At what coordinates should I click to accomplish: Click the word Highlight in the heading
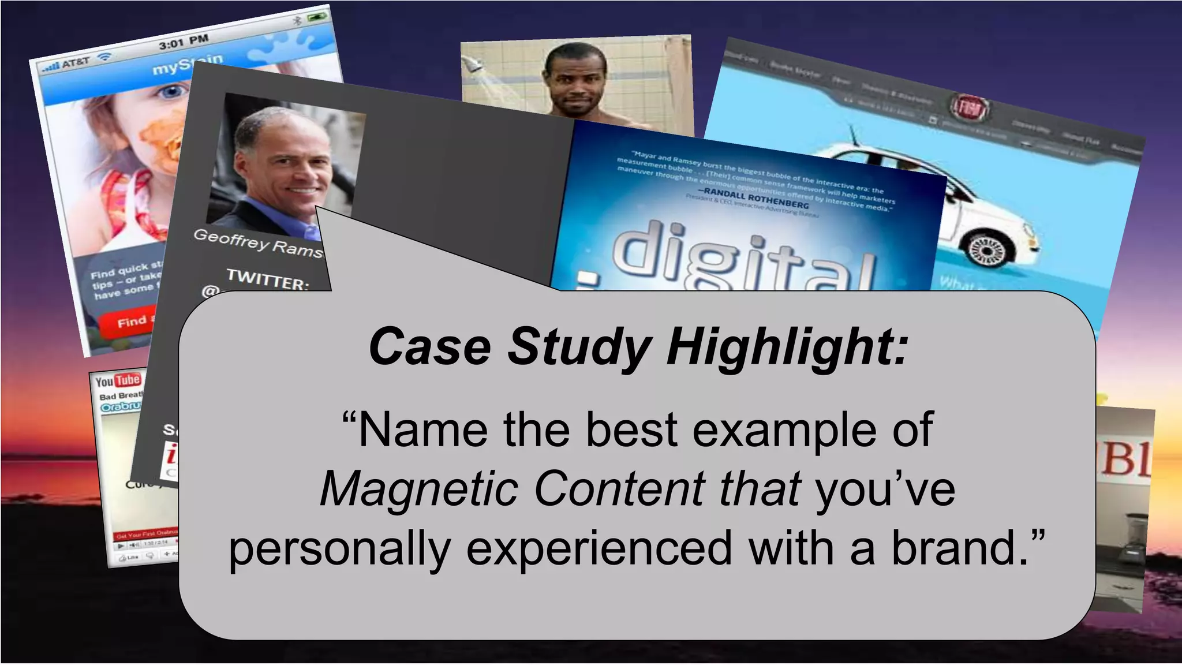[x=787, y=347]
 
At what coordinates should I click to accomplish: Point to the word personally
[x=339, y=548]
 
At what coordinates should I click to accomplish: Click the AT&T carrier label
[x=74, y=62]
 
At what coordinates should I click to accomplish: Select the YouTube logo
[x=118, y=380]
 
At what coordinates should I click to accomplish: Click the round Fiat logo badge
[x=970, y=107]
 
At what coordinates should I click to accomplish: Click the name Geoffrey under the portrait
[x=231, y=238]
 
